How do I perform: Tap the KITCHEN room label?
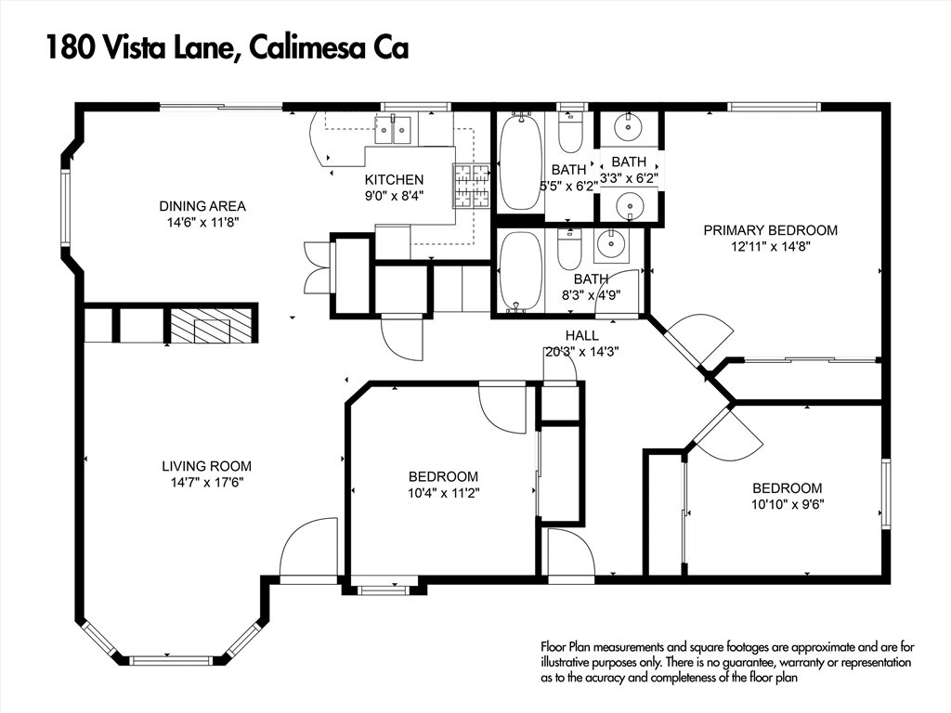coord(394,180)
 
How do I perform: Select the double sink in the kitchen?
coord(394,130)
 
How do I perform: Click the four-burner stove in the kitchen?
coord(471,186)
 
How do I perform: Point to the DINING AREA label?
coord(202,206)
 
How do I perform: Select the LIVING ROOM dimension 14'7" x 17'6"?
coord(206,483)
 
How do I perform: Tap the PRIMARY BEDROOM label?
coord(770,230)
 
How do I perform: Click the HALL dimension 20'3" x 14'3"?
coord(581,352)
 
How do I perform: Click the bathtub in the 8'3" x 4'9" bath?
coord(520,271)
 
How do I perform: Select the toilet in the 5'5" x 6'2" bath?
coord(569,136)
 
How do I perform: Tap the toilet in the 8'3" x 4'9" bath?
coord(569,249)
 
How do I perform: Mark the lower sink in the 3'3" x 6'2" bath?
coord(631,203)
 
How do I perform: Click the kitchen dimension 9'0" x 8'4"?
coord(394,196)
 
